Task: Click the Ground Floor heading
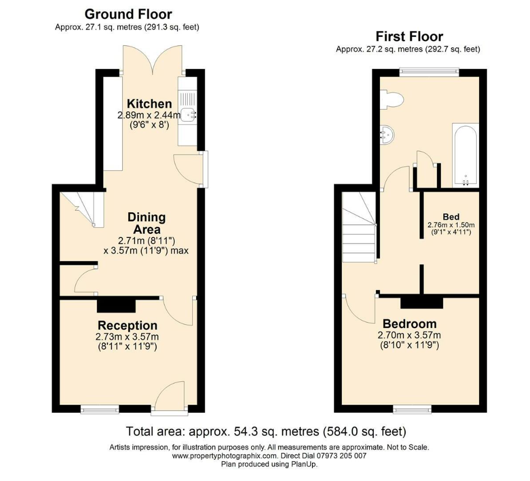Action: pyautogui.click(x=128, y=14)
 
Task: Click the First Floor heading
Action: pyautogui.click(x=410, y=36)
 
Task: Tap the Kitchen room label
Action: pyautogui.click(x=149, y=104)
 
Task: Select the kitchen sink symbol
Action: pyautogui.click(x=188, y=115)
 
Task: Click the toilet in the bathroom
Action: pyautogui.click(x=391, y=99)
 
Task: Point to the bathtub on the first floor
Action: pyautogui.click(x=466, y=155)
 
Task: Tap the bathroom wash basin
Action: pyautogui.click(x=387, y=134)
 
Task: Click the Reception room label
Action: pyautogui.click(x=127, y=326)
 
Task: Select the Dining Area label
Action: pyautogui.click(x=147, y=223)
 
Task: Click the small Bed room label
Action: pyautogui.click(x=451, y=217)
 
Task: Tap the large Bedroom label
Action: pyautogui.click(x=410, y=324)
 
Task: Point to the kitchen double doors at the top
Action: pyautogui.click(x=153, y=59)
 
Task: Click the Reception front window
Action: pyautogui.click(x=100, y=409)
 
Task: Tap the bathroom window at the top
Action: pyautogui.click(x=429, y=72)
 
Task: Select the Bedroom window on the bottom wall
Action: pyautogui.click(x=412, y=409)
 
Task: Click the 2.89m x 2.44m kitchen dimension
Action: pyautogui.click(x=149, y=115)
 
